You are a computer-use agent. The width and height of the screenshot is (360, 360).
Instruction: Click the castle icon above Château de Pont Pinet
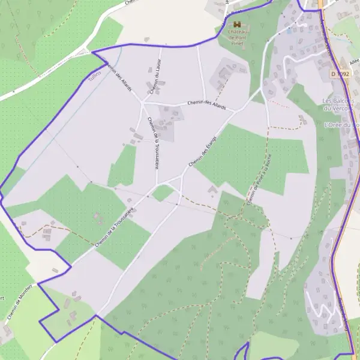pos(236,25)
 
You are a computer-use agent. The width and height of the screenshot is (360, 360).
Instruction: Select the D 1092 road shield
pos(339,74)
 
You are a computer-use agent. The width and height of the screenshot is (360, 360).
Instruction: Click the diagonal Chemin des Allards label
pos(119,77)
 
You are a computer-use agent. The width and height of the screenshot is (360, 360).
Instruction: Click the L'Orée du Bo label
pos(341,125)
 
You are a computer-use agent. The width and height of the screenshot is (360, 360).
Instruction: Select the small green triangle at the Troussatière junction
pos(162,193)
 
